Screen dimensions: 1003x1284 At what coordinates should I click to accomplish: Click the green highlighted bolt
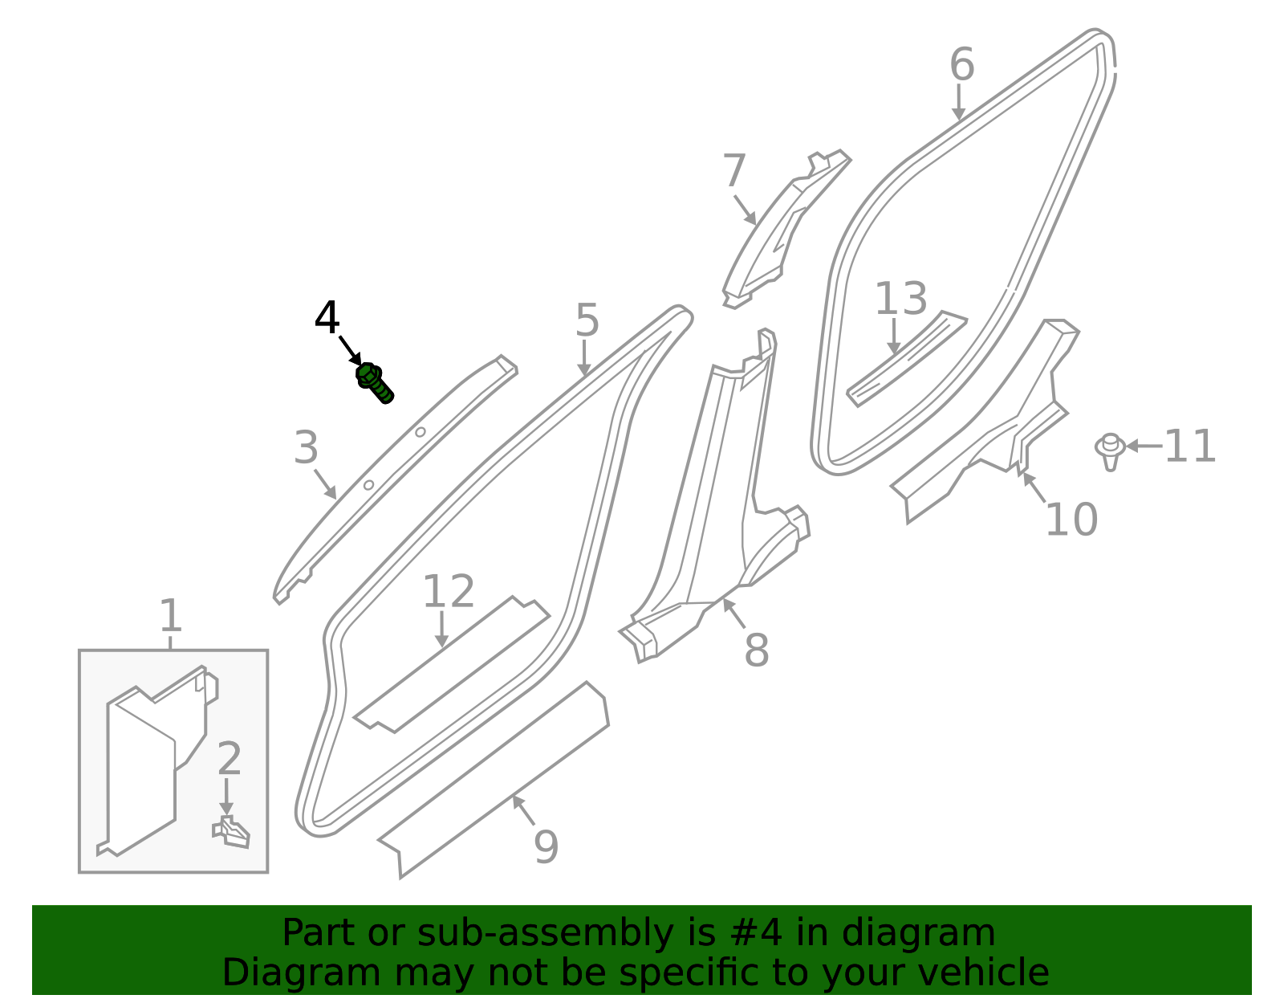tap(374, 382)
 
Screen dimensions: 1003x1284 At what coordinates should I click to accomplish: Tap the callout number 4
tap(327, 319)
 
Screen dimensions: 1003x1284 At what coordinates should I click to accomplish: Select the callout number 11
tap(1190, 446)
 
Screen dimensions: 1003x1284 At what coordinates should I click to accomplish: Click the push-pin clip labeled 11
tap(1110, 451)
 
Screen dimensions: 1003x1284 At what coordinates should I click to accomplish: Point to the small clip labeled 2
tap(232, 832)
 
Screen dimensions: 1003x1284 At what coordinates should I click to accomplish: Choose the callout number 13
tap(900, 299)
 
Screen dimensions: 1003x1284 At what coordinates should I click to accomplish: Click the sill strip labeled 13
tap(907, 359)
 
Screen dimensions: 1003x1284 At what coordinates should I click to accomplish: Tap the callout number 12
tap(448, 592)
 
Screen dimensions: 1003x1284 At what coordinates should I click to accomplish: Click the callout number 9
tap(546, 846)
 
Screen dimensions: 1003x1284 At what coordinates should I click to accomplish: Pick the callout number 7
tap(734, 171)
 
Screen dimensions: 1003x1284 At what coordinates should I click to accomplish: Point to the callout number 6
tap(961, 64)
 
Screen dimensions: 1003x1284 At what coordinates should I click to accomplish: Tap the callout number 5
tap(587, 320)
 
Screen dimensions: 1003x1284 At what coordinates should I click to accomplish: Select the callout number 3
tap(306, 447)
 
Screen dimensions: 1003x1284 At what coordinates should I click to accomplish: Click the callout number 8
tap(756, 650)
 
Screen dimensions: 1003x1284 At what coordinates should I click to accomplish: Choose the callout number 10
tap(1071, 520)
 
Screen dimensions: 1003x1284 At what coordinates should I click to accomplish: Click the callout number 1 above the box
tap(170, 616)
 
